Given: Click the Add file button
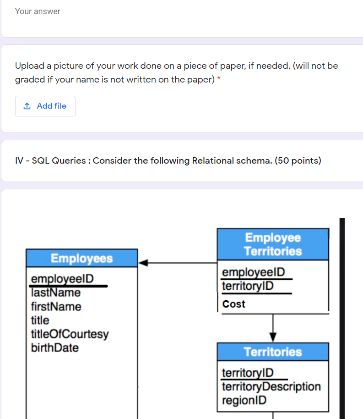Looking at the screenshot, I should pyautogui.click(x=45, y=106).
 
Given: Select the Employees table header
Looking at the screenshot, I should pyautogui.click(x=81, y=258).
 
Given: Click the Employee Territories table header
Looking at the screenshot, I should pyautogui.click(x=273, y=244).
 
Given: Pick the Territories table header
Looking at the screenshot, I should pyautogui.click(x=273, y=352).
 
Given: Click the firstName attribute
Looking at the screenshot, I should pyautogui.click(x=56, y=306).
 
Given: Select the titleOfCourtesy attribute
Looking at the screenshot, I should pyautogui.click(x=70, y=334).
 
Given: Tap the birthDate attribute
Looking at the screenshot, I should pyautogui.click(x=54, y=347).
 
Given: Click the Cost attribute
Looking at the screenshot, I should pyautogui.click(x=233, y=304).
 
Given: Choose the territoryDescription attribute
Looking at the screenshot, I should pyautogui.click(x=271, y=386).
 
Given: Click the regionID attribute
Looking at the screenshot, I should pyautogui.click(x=244, y=400).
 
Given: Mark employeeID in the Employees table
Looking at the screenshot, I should pyautogui.click(x=62, y=279).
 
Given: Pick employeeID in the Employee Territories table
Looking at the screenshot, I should pyautogui.click(x=253, y=272).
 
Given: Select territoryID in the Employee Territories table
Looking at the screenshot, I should pyautogui.click(x=248, y=286).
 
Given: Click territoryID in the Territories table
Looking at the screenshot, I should pyautogui.click(x=248, y=373).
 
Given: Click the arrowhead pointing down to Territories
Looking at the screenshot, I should pyautogui.click(x=273, y=336).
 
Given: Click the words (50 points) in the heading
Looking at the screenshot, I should pyautogui.click(x=298, y=160).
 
